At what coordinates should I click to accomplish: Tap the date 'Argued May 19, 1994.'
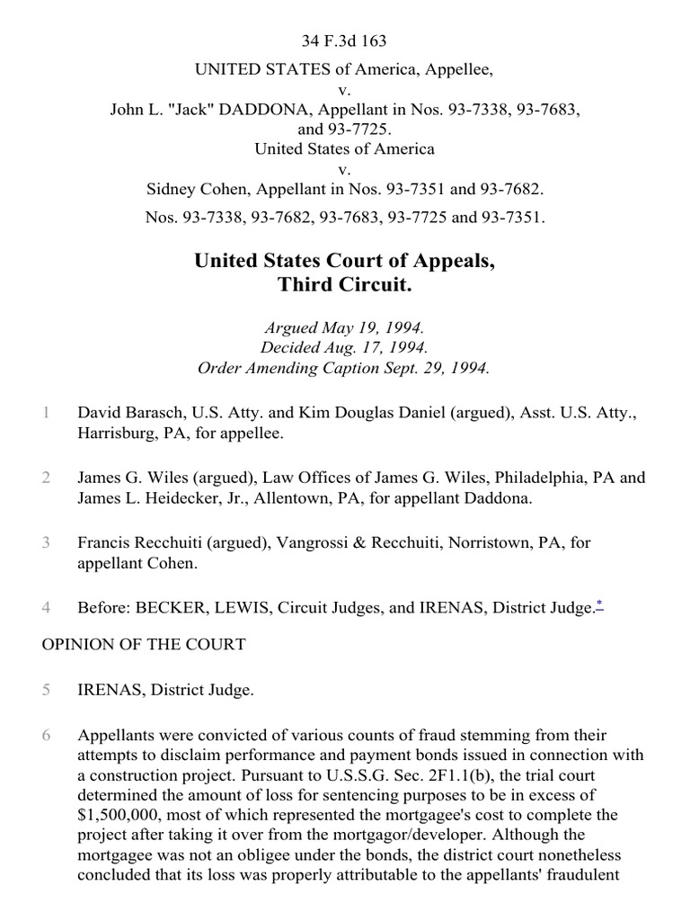coord(344,328)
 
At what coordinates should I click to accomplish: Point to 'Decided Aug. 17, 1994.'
coord(344,348)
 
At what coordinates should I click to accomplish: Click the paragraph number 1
coord(44,413)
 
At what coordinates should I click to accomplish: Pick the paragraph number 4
coord(44,608)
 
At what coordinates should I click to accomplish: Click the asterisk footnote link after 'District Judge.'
coord(598,606)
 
